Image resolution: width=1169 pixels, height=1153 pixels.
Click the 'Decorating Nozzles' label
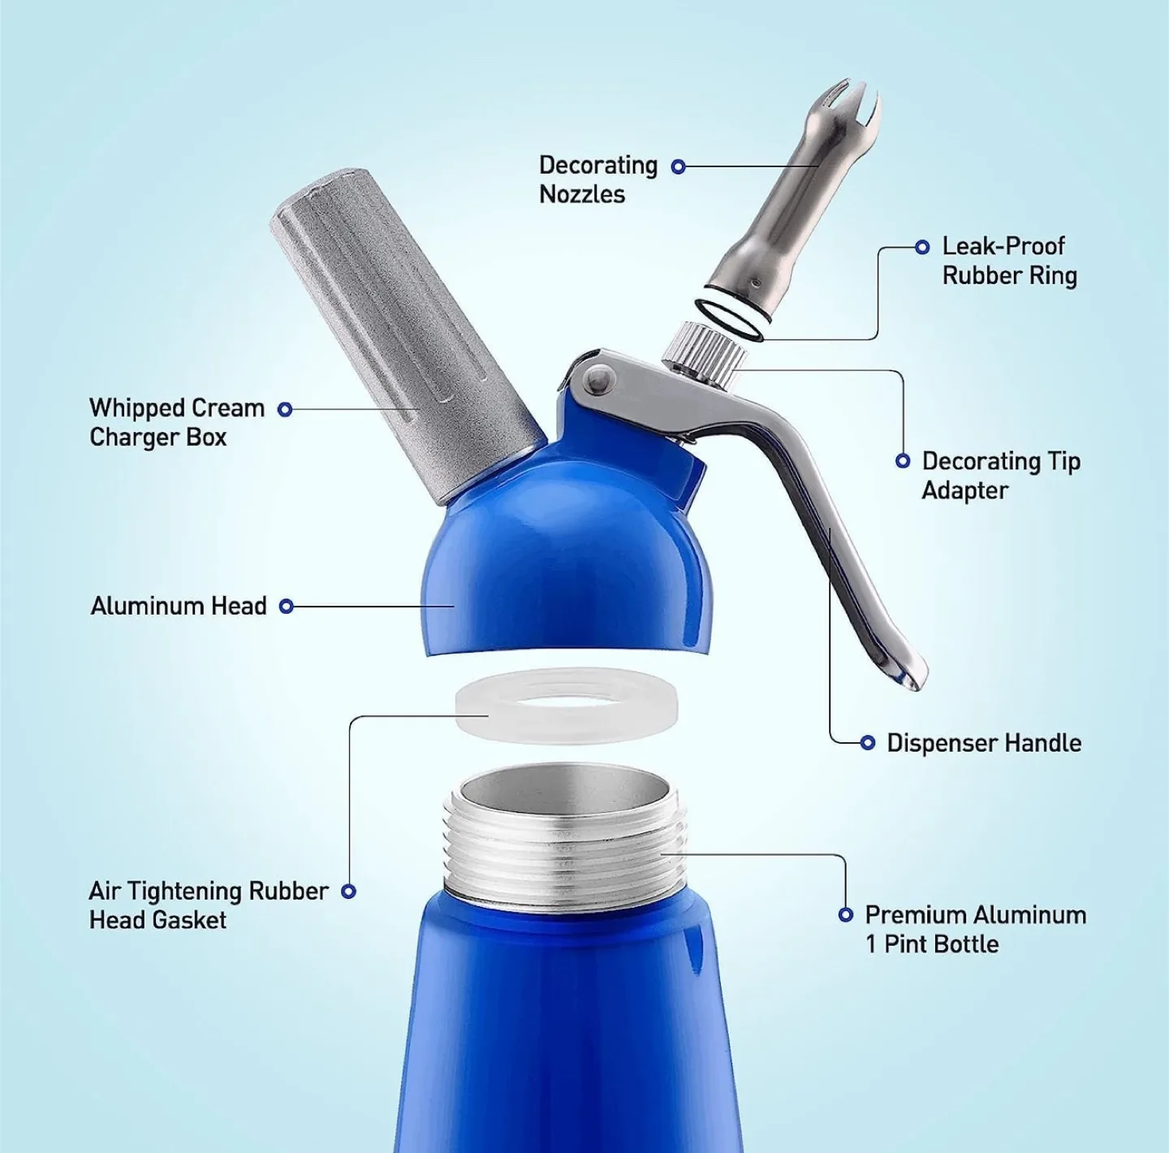597,179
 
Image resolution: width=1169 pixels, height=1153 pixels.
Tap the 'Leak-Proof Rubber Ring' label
1009,261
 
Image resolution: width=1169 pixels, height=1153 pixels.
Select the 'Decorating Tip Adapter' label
1000,476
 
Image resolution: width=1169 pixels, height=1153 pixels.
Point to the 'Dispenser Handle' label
983,743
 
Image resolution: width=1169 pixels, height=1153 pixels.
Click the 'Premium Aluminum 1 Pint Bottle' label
975,929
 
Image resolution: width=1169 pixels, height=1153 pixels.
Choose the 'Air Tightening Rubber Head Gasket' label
208,905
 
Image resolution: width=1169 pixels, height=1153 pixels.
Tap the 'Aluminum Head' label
179,606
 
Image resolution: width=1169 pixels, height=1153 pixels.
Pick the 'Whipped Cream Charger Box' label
176,422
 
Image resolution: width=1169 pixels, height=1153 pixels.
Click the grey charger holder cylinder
406,341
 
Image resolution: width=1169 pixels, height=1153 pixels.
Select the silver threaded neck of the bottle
565,844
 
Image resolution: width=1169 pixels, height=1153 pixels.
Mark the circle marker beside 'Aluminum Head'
286,606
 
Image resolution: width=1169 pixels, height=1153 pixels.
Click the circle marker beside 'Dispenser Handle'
867,742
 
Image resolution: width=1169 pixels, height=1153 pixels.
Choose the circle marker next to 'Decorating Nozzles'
679,166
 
